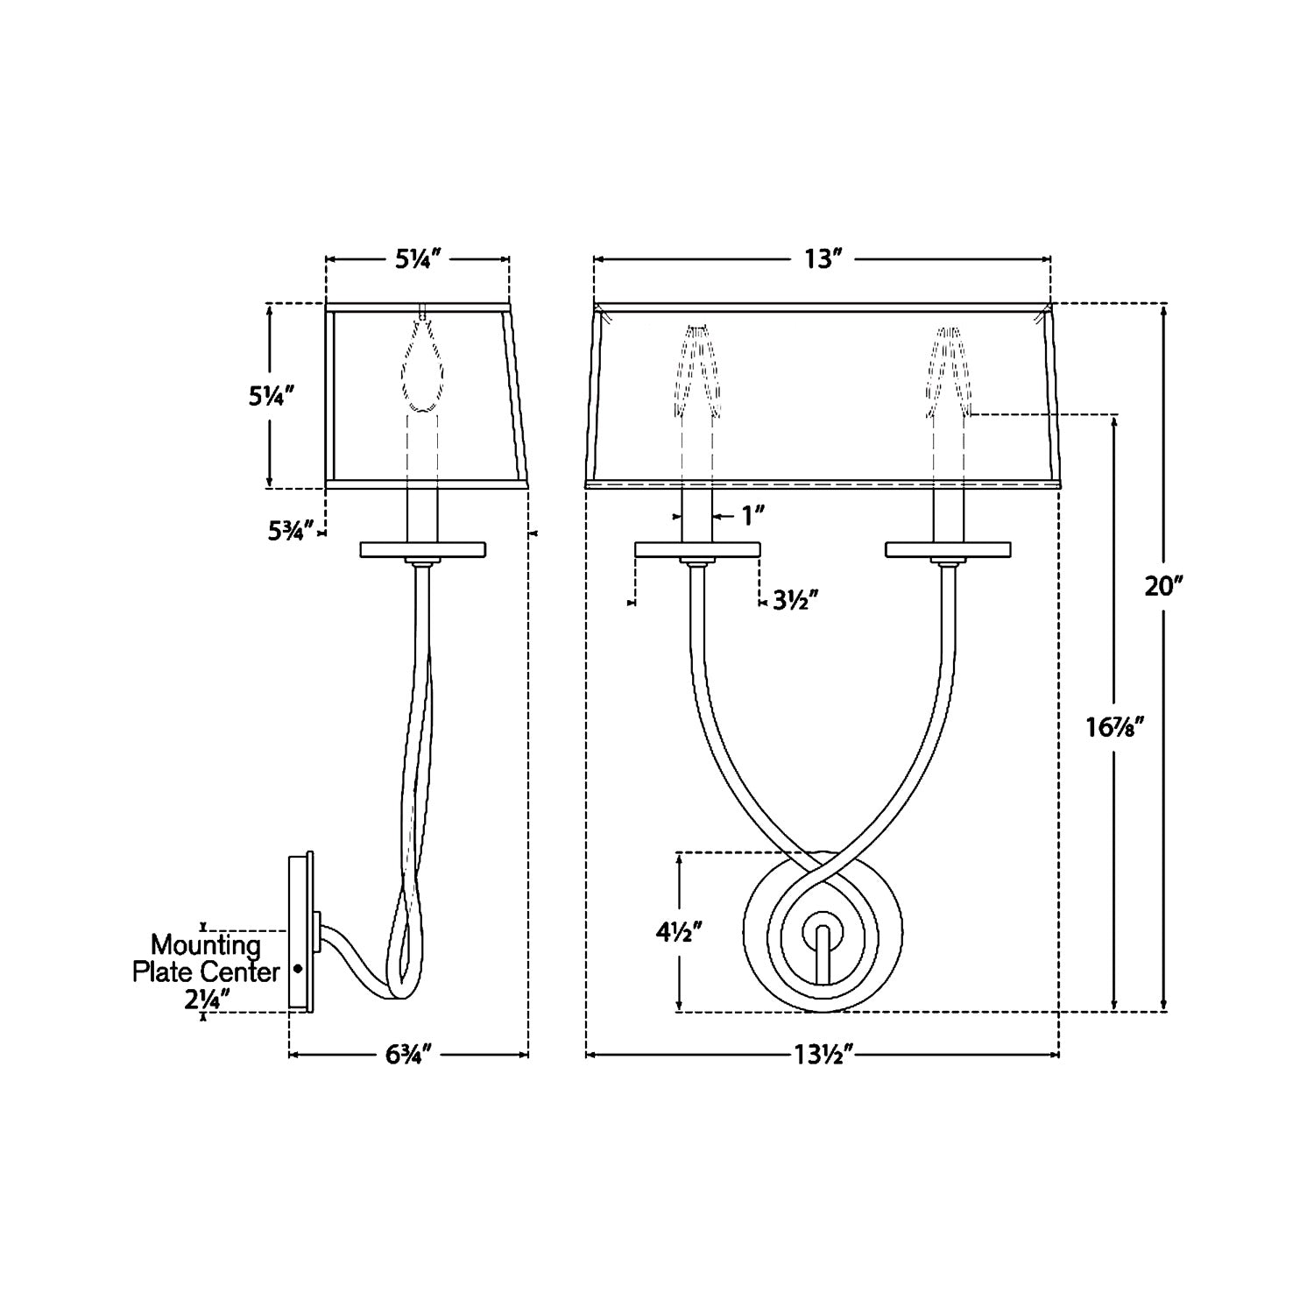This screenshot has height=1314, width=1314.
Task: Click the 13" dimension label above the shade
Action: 823,259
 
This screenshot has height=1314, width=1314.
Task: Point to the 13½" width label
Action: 821,1056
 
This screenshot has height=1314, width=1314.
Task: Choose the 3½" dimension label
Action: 795,600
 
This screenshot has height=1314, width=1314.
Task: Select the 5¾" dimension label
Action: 290,530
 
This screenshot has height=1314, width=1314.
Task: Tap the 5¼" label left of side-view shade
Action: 268,397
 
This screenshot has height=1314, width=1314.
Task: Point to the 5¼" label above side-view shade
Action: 417,259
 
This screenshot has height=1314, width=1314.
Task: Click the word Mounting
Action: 206,946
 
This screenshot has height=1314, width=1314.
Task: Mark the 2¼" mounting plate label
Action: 207,999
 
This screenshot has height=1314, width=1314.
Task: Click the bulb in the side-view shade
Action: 422,372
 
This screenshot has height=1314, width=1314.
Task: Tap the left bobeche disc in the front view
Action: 697,550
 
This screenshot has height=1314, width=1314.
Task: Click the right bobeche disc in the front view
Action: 948,550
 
